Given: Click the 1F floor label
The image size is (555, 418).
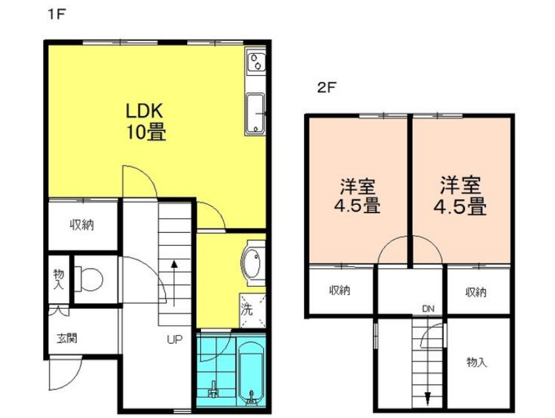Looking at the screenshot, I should click(x=55, y=14).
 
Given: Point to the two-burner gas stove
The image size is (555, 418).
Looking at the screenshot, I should click(x=255, y=62).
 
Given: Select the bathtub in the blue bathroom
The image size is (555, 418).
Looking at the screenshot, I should click(x=250, y=372).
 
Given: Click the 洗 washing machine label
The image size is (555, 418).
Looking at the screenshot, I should click(x=245, y=307).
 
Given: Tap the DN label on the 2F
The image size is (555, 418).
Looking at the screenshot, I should click(x=428, y=309).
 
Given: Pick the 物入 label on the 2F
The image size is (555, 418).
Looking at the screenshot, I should click(x=476, y=361).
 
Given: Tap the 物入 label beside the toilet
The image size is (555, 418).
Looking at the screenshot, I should click(x=58, y=279).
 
